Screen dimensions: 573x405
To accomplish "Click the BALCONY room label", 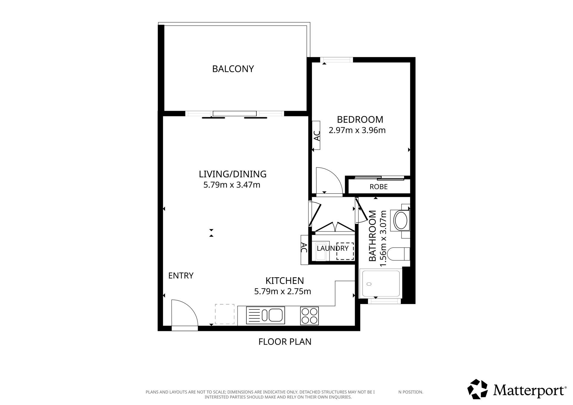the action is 233,69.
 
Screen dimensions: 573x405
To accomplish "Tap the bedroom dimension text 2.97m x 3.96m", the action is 357,130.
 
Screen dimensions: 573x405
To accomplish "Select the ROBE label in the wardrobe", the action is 378,187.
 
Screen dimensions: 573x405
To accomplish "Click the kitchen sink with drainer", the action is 265,315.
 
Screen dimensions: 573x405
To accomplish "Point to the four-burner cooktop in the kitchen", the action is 309,316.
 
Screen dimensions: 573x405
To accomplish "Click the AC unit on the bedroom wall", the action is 316,135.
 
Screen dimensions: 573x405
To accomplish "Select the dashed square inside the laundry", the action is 345,251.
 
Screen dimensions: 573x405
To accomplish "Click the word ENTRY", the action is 181,275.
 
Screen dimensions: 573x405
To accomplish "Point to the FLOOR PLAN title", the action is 285,342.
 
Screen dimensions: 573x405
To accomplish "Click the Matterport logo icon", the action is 478,389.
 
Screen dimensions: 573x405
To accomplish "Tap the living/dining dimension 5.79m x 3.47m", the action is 232,185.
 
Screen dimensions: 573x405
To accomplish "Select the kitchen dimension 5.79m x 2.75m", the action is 282,291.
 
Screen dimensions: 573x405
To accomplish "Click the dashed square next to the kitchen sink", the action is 225,314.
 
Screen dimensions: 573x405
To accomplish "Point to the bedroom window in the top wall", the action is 337,60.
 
